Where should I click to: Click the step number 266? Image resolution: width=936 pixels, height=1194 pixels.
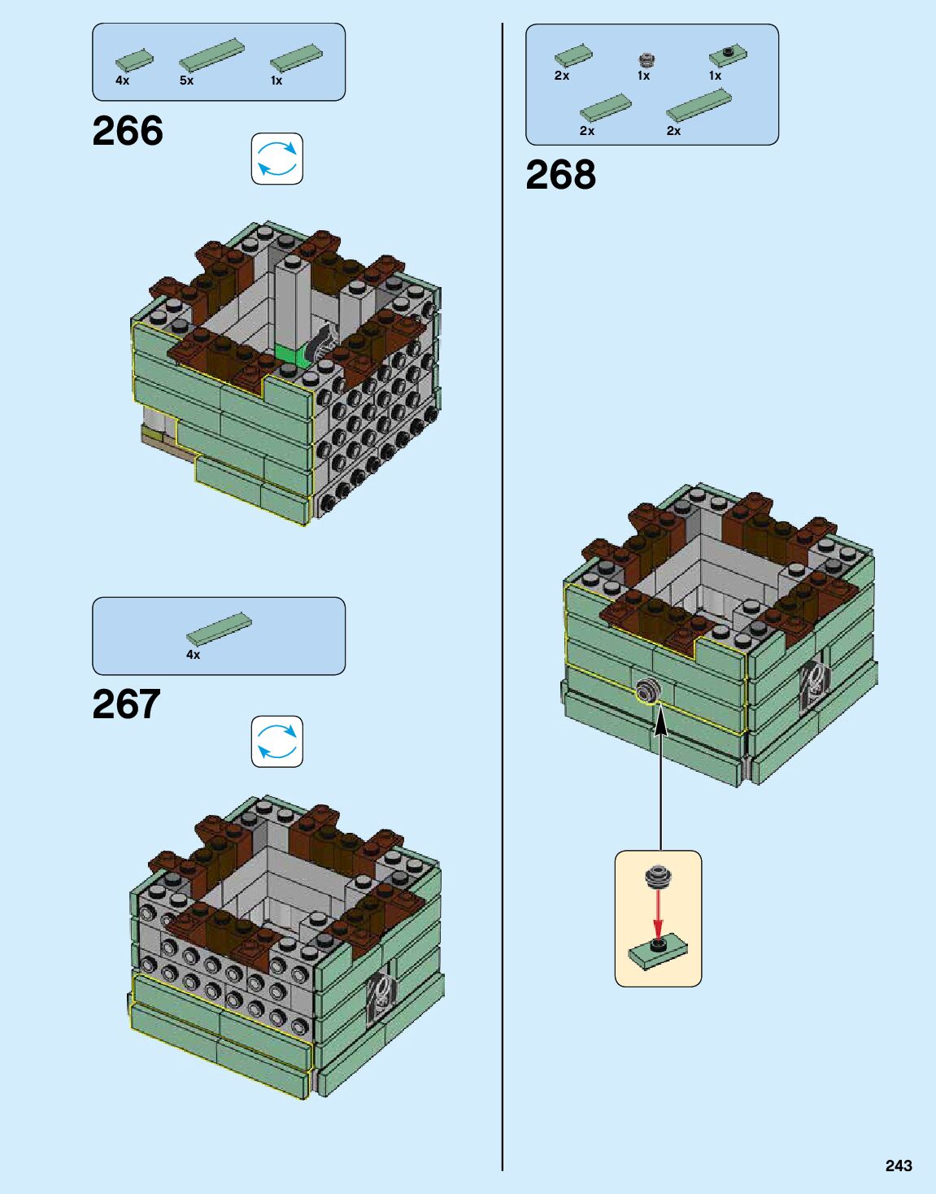(x=128, y=131)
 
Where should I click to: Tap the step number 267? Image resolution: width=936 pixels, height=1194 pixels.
(x=126, y=704)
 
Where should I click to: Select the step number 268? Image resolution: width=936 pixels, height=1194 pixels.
(x=560, y=175)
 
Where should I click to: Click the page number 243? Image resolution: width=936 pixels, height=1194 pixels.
(x=899, y=1166)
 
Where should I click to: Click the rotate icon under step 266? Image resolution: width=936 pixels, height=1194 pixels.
(x=276, y=159)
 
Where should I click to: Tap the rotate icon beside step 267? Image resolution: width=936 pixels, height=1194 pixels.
(x=276, y=741)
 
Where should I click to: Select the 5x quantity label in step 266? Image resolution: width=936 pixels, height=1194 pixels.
(x=186, y=81)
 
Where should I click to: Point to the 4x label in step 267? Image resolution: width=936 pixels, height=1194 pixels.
(x=193, y=654)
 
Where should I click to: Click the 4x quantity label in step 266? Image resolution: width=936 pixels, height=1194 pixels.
(x=122, y=81)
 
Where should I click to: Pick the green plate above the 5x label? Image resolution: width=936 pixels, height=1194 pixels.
(x=211, y=55)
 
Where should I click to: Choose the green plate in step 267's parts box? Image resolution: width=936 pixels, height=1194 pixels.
(x=218, y=629)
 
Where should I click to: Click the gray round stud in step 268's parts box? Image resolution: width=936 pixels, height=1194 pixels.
(x=646, y=59)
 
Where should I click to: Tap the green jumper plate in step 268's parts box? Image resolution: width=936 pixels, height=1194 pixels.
(x=728, y=55)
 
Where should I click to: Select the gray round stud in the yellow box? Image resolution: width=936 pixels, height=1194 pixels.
(x=658, y=877)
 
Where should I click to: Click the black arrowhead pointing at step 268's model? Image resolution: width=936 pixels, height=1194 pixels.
(x=661, y=719)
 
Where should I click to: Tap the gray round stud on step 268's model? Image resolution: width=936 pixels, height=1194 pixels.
(x=648, y=692)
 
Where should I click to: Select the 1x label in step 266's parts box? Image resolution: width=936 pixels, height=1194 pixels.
(x=276, y=81)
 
